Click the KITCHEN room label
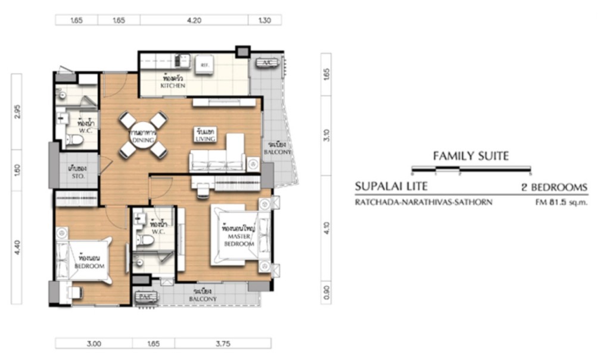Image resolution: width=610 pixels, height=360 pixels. tap(173, 86)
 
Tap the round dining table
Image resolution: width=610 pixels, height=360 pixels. tap(144, 135)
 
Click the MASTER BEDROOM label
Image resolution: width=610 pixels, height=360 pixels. tap(238, 240)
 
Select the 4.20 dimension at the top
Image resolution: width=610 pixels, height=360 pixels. tap(194, 20)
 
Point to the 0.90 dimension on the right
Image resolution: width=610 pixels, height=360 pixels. tap(326, 292)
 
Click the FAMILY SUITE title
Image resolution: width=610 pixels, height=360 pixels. tap(471, 157)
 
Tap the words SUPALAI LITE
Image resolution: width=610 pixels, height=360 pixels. tap(391, 187)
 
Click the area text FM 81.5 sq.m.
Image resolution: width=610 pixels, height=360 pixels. tap(561, 202)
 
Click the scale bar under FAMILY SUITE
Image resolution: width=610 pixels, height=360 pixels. tap(471, 172)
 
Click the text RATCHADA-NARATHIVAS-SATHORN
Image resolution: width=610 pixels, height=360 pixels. tap(423, 202)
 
